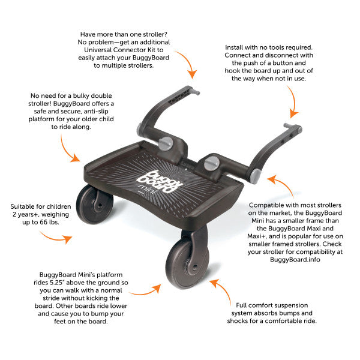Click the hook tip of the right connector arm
(x=295, y=127)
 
